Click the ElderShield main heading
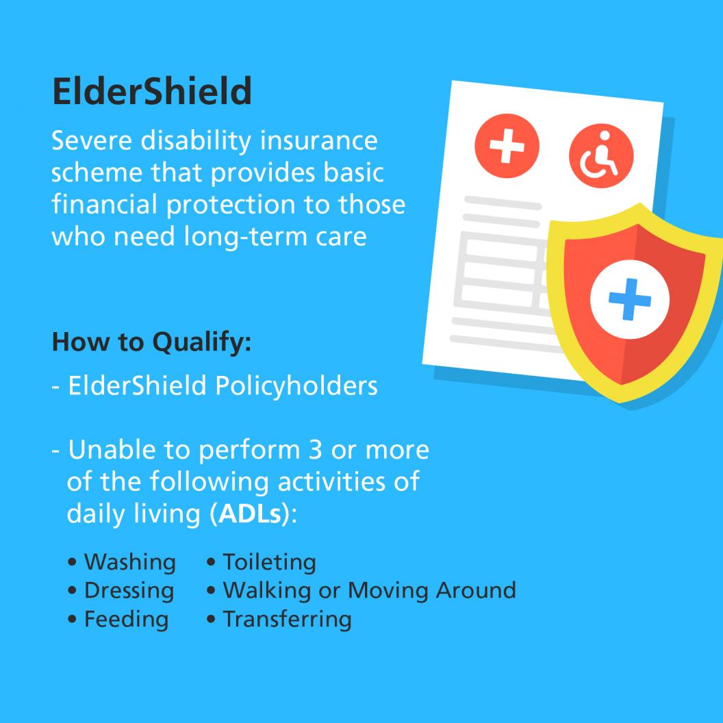pos(152,91)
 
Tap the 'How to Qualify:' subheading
pos(152,342)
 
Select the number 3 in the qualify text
pos(316,450)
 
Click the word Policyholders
pos(296,385)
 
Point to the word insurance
pos(319,140)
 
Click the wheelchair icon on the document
pos(601,156)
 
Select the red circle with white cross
pos(507,146)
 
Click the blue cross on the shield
pos(630,299)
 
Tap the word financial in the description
pos(104,204)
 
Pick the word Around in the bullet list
pos(476,591)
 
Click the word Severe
pos(92,140)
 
